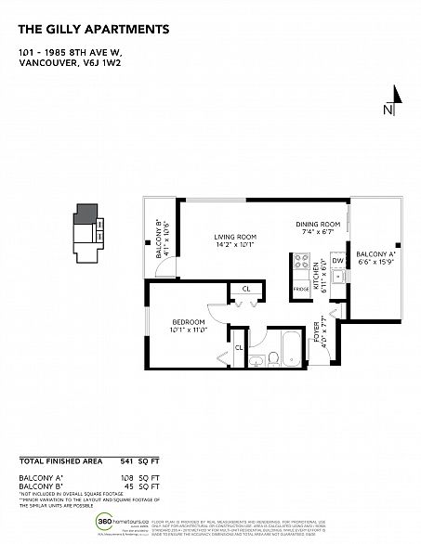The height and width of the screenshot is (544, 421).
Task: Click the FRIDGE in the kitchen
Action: click(301, 289)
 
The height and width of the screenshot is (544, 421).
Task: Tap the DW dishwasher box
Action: click(336, 262)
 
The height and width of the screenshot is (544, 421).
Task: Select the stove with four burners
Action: click(300, 265)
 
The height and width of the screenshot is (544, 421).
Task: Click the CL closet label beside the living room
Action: click(245, 290)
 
